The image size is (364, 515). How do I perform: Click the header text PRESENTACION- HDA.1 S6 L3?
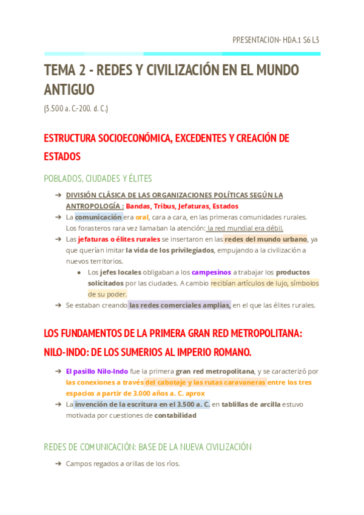(275, 40)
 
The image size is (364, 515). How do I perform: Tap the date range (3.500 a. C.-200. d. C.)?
(76, 109)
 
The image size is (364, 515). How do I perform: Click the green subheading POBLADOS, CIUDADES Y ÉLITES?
(98, 179)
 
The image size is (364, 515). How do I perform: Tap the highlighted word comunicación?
(98, 217)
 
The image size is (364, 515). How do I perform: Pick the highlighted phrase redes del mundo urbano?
(266, 239)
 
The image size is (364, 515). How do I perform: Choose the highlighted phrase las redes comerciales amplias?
(180, 305)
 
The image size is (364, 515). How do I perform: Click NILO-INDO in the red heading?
(66, 352)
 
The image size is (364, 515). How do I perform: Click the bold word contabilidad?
(175, 415)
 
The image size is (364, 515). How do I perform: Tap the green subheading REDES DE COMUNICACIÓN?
(101, 447)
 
